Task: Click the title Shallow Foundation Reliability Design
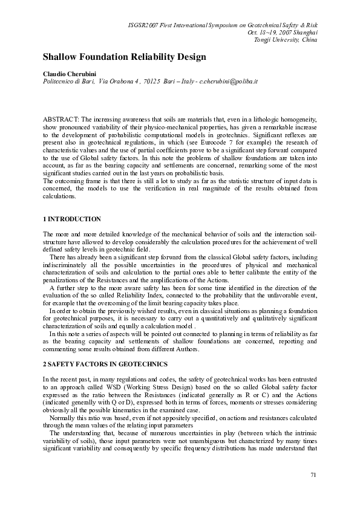[x=124, y=57]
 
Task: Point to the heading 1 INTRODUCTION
[x=72, y=218]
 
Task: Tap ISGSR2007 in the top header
[x=148, y=25]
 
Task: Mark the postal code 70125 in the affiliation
[x=151, y=80]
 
